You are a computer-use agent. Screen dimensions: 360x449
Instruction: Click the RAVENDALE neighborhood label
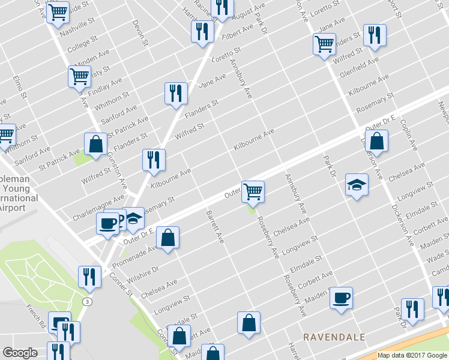[x=334, y=337]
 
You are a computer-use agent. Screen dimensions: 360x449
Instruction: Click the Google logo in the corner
[x=20, y=353]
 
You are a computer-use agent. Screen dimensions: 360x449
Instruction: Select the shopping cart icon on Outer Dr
[x=253, y=192]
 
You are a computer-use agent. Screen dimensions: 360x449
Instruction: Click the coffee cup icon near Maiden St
[x=341, y=298]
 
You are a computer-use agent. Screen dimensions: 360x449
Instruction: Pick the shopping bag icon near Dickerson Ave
[x=376, y=142]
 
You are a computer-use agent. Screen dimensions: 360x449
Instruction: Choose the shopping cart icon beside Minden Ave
[x=79, y=76]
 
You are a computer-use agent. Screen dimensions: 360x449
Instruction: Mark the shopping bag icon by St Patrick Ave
[x=95, y=144]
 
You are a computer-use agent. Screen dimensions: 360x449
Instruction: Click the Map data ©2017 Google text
[x=411, y=355]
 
